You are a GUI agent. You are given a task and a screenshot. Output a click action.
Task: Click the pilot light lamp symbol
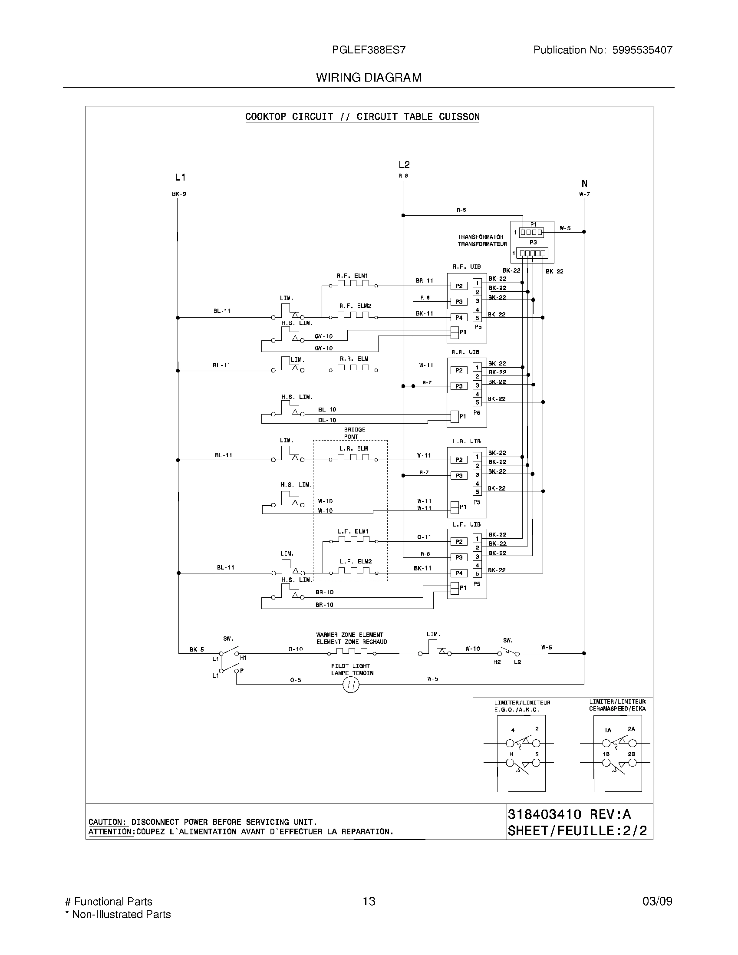click(x=351, y=685)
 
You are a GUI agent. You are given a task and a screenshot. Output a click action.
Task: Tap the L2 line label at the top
click(x=404, y=165)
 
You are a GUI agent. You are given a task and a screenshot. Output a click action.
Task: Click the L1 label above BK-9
click(x=180, y=177)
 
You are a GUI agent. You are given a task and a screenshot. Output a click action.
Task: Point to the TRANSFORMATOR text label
click(x=480, y=237)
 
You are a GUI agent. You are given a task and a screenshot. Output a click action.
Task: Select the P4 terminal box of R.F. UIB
click(x=458, y=317)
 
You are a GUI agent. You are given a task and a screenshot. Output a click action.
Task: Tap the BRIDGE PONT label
click(x=354, y=433)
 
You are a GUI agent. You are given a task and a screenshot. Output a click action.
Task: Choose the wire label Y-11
click(x=424, y=455)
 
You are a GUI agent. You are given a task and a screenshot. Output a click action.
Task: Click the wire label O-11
click(x=424, y=537)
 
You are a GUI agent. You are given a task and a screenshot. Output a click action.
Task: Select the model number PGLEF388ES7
click(x=369, y=50)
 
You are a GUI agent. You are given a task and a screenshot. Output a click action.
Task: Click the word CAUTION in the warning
click(x=107, y=822)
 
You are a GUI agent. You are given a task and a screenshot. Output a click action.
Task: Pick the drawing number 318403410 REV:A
click(x=569, y=814)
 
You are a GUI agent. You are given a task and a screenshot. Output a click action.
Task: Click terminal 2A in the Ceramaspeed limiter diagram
click(x=631, y=729)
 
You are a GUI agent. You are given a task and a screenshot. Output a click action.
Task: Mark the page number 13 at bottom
click(x=369, y=901)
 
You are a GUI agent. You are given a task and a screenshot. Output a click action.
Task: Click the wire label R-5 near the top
click(x=461, y=210)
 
